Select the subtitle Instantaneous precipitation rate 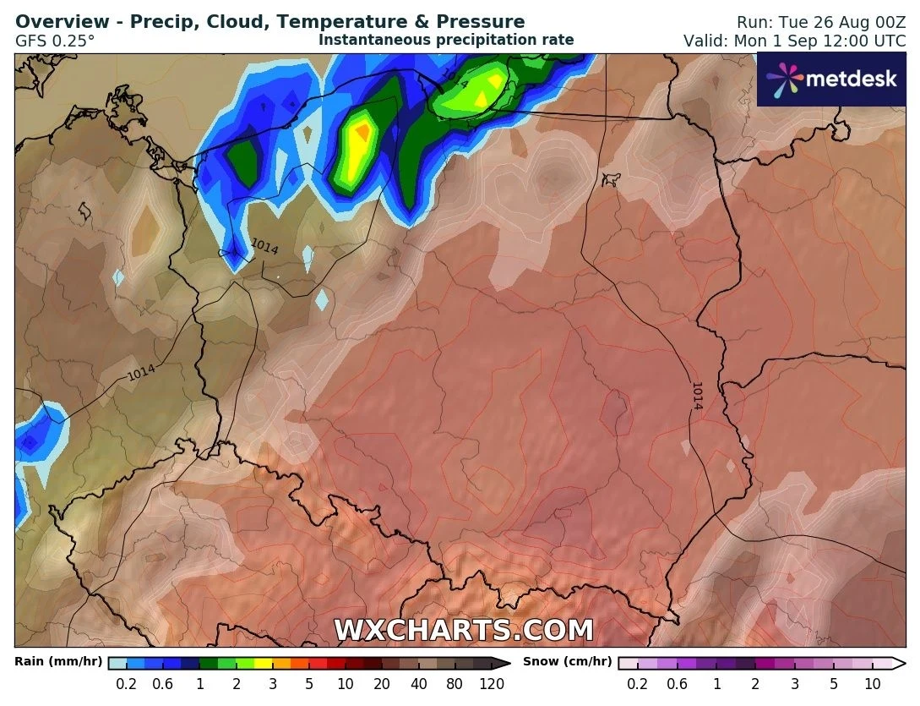446,40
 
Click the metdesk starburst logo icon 784,79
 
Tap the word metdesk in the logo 850,79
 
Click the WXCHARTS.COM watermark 463,630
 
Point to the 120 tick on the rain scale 492,684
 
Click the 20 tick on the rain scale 382,684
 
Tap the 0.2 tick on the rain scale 127,684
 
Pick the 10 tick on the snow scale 873,684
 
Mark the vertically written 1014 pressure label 697,395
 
